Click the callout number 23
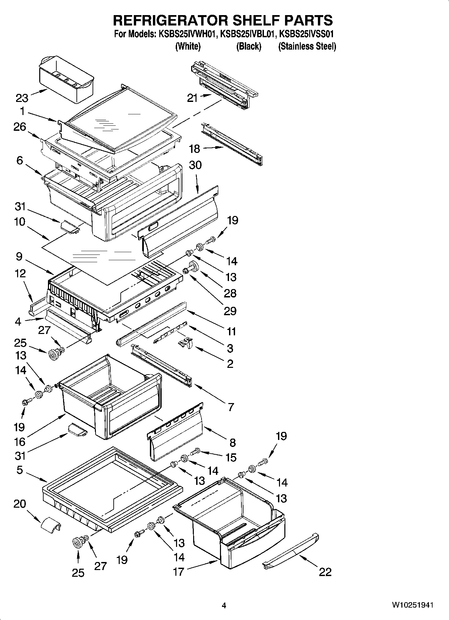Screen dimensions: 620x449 point(22,98)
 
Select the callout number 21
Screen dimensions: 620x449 point(192,98)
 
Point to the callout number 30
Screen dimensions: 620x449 point(195,165)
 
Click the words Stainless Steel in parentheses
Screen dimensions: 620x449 point(307,46)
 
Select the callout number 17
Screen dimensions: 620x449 point(178,571)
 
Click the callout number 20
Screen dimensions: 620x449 point(20,504)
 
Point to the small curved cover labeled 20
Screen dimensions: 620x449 point(51,524)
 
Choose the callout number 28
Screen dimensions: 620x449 point(230,293)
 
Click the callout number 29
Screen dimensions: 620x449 point(230,311)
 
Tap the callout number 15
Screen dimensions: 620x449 point(231,457)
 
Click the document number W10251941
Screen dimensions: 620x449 point(412,605)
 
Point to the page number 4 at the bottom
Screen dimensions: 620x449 point(224,606)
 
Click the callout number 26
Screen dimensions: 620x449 point(20,127)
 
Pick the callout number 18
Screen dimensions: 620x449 point(194,149)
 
